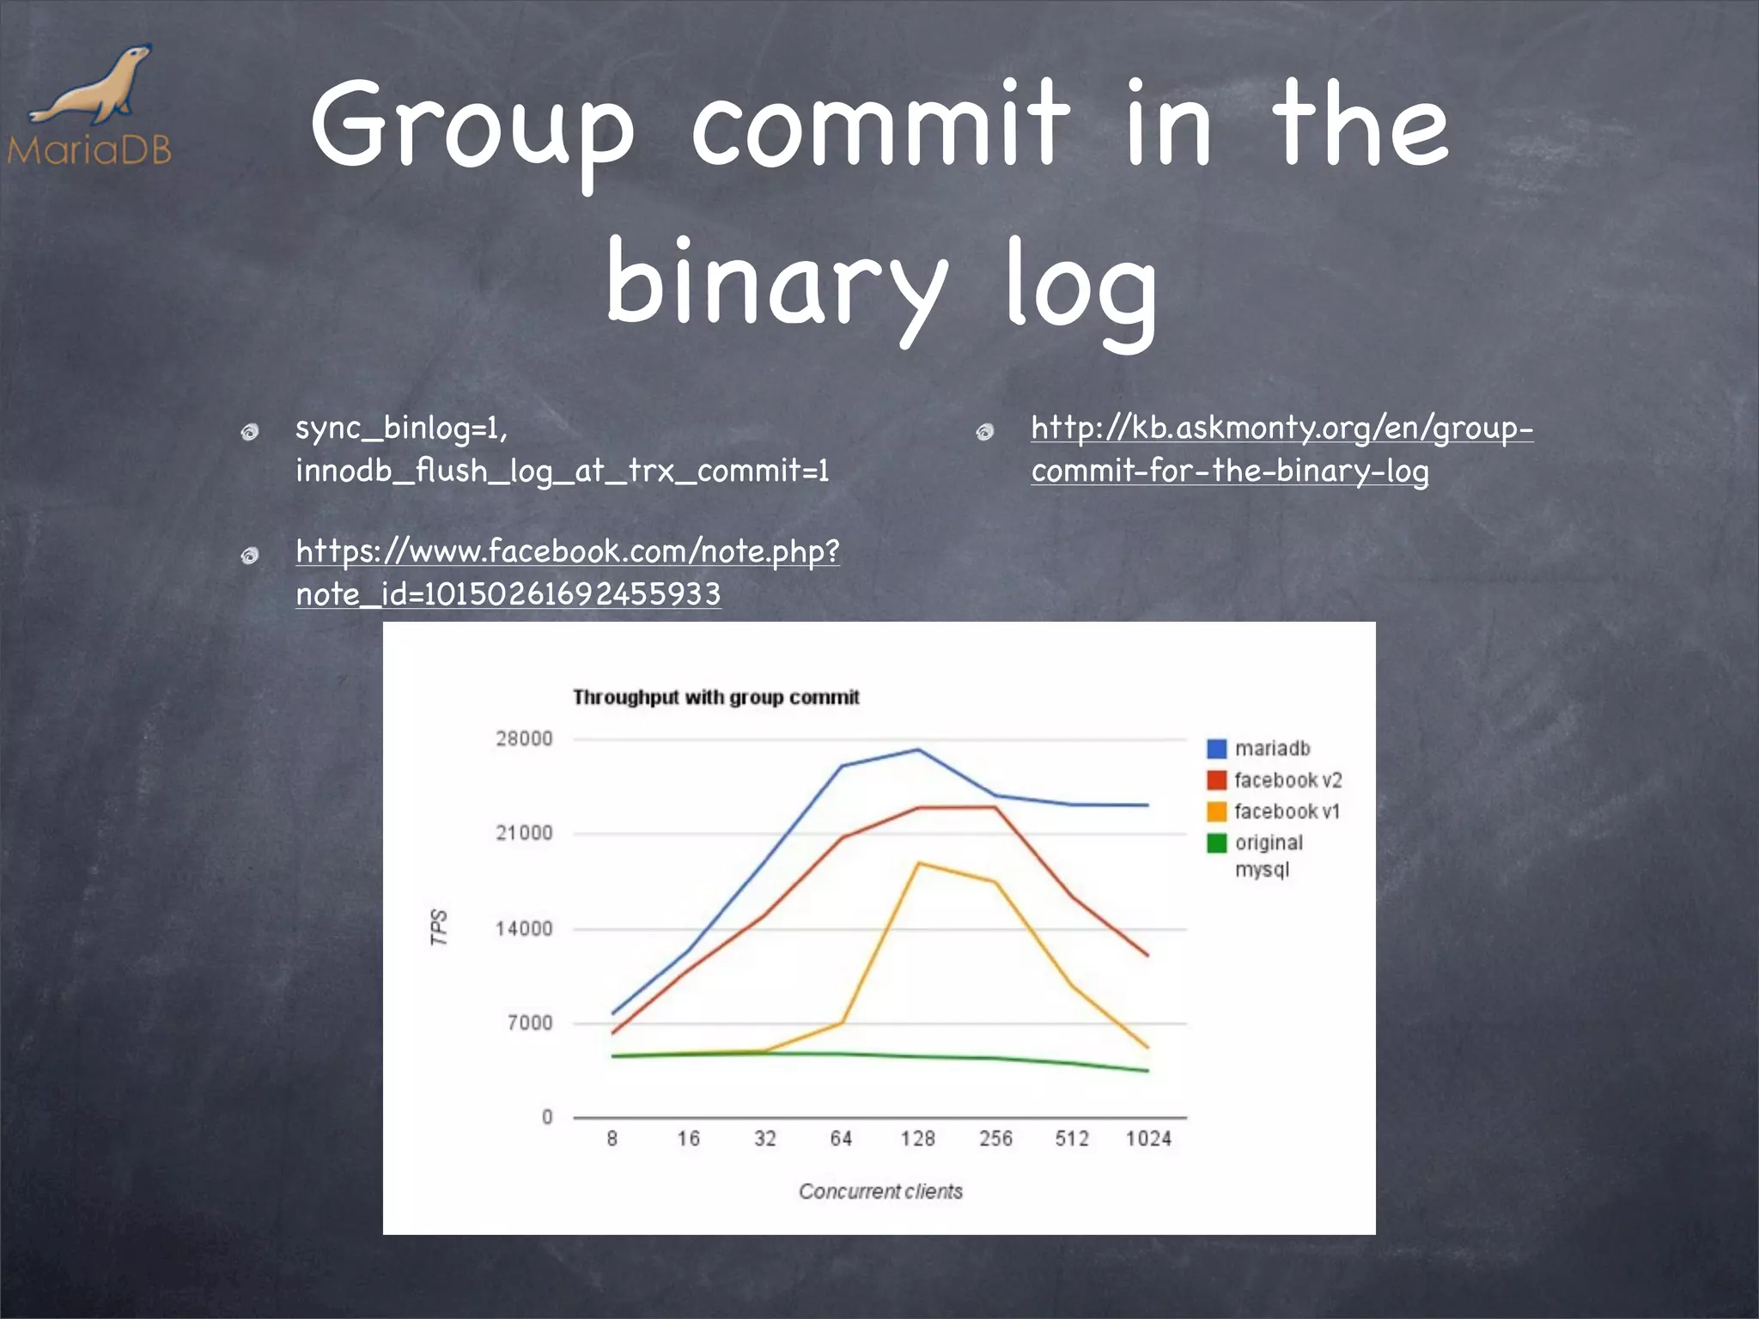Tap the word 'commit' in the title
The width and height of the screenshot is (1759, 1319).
pyautogui.click(x=880, y=125)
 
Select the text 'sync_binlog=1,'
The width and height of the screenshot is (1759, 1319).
pyautogui.click(x=401, y=428)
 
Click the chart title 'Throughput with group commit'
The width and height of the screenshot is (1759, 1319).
pyautogui.click(x=715, y=697)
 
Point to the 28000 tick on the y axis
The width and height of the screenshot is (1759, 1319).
pyautogui.click(x=524, y=739)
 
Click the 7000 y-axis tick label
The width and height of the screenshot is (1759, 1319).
pyautogui.click(x=530, y=1023)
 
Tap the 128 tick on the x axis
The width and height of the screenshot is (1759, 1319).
pyautogui.click(x=917, y=1139)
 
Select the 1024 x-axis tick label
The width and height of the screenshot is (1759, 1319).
pyautogui.click(x=1148, y=1139)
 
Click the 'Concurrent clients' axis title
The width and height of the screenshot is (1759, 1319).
pyautogui.click(x=880, y=1191)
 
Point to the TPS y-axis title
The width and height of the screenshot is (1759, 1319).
pyautogui.click(x=439, y=927)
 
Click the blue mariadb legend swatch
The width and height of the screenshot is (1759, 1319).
pyautogui.click(x=1216, y=749)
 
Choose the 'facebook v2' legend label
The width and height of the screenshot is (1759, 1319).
pyautogui.click(x=1287, y=780)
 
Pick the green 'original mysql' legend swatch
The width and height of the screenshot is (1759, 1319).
pyautogui.click(x=1216, y=843)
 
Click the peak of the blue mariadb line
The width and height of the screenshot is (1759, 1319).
pyautogui.click(x=918, y=750)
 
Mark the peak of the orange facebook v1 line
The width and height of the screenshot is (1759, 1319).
pyautogui.click(x=918, y=863)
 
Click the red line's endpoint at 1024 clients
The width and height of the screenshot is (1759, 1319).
pyautogui.click(x=1147, y=955)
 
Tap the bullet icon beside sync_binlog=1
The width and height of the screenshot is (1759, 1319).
pyautogui.click(x=250, y=432)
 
